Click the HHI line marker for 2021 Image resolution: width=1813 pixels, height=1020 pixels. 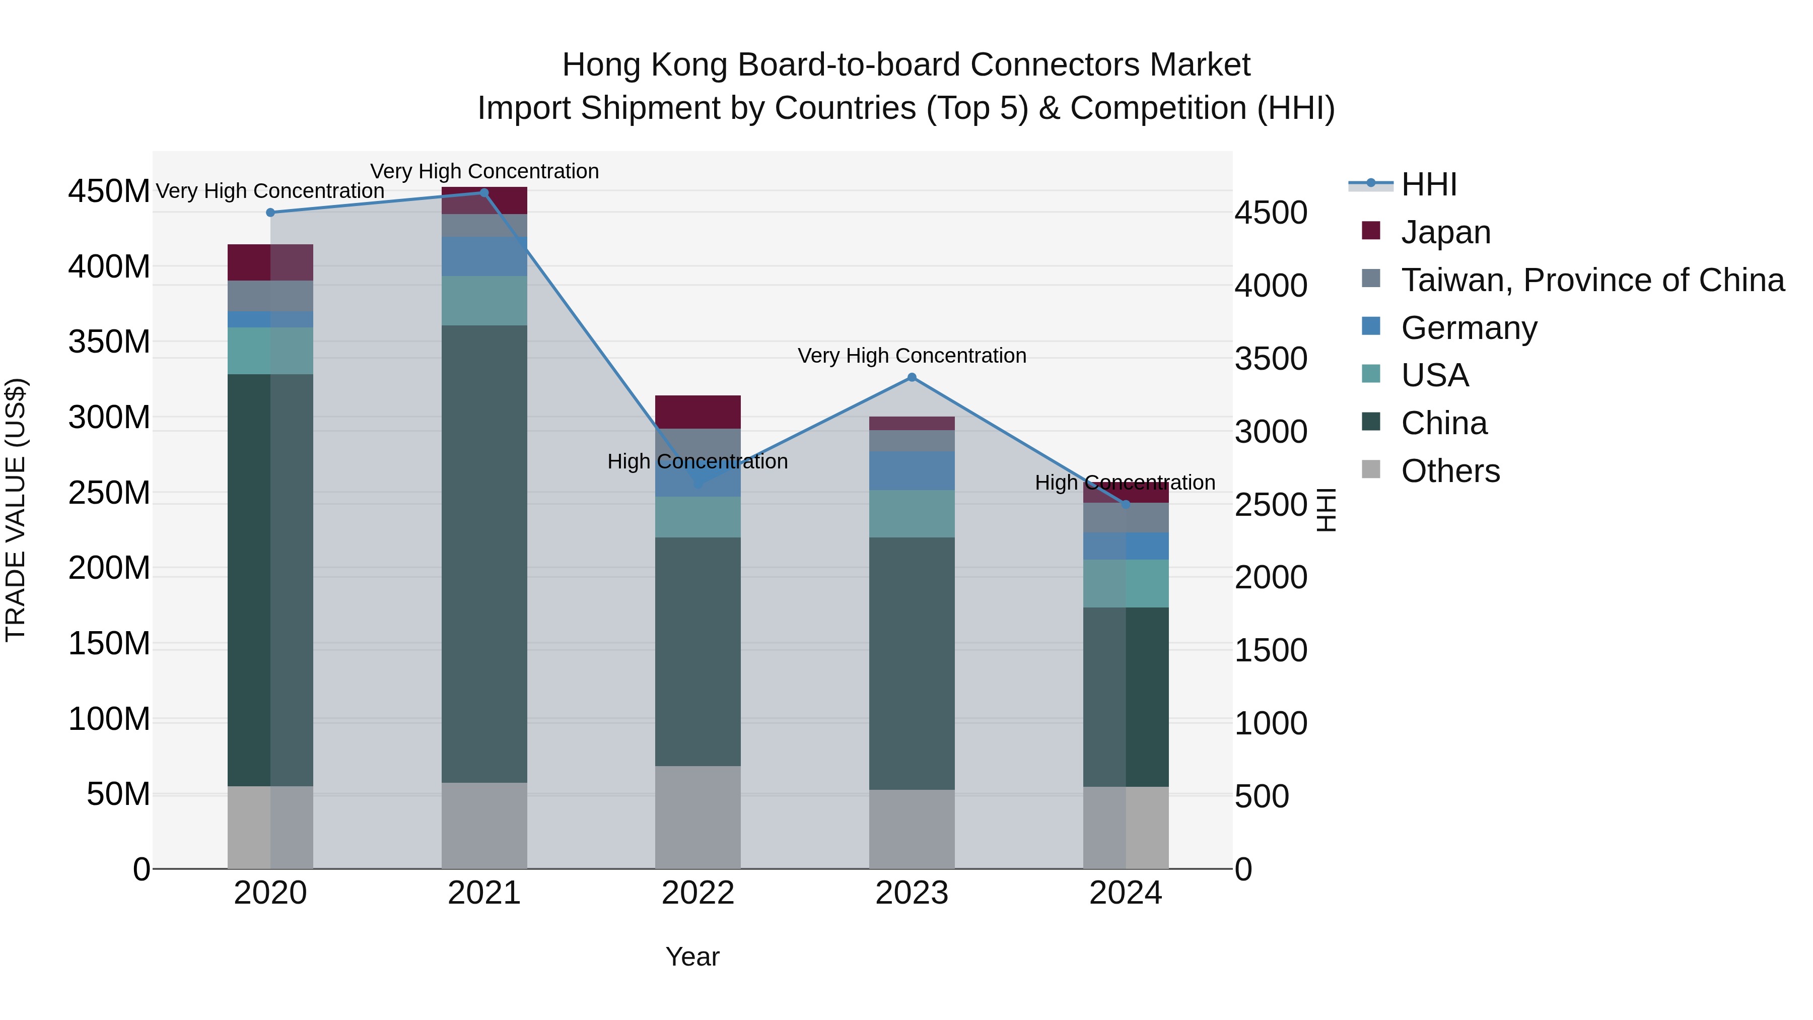484,193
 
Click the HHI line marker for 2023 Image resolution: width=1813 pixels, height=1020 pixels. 912,377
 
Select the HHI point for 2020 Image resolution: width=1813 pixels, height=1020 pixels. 270,213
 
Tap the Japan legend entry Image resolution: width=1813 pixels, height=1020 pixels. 1445,232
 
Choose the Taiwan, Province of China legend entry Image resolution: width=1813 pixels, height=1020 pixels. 1592,280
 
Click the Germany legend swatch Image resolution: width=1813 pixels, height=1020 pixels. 1371,326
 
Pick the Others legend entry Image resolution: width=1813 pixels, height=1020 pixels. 1450,471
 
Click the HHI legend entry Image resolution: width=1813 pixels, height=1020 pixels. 1429,184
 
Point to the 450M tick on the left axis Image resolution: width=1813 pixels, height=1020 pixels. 109,191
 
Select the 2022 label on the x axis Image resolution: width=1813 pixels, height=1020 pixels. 698,893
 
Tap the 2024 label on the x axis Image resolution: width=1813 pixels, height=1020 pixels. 1126,893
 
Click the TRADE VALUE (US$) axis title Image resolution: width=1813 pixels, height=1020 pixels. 16,510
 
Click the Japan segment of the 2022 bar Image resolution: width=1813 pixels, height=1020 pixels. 698,412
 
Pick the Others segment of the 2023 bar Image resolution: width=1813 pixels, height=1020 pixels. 912,829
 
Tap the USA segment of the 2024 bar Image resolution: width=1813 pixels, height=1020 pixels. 1126,584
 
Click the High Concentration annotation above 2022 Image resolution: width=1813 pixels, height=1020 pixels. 698,462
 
